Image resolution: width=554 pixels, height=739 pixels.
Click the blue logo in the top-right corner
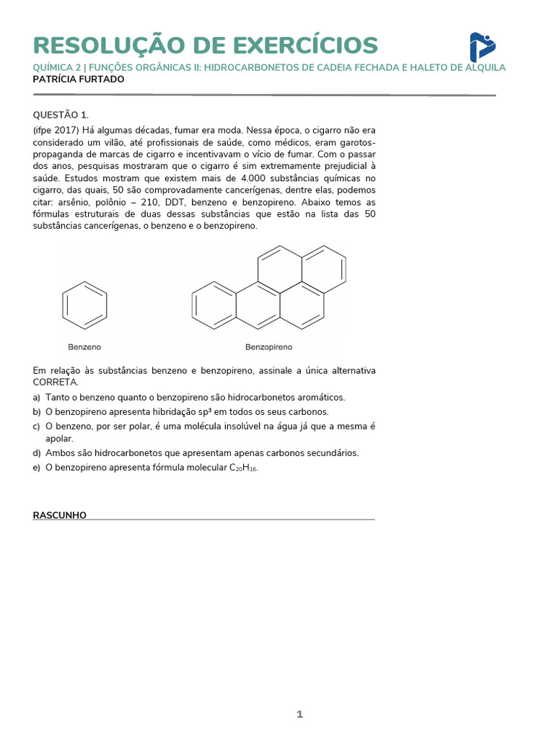(x=482, y=47)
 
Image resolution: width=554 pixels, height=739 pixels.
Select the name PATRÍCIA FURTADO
(x=79, y=79)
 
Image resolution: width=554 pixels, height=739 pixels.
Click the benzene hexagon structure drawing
(x=85, y=305)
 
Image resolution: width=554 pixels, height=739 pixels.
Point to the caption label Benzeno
(x=84, y=346)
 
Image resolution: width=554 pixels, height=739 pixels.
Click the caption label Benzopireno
(x=268, y=346)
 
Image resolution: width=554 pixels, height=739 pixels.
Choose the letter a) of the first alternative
(x=37, y=398)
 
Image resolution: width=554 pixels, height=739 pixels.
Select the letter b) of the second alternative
(x=37, y=412)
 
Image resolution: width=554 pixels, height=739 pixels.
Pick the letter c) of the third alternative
(x=37, y=427)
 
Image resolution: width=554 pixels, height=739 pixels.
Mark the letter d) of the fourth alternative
(x=37, y=453)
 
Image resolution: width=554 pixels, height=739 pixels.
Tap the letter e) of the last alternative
(x=37, y=468)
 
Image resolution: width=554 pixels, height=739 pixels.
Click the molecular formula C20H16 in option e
(x=243, y=468)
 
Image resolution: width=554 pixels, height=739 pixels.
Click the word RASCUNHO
(x=60, y=515)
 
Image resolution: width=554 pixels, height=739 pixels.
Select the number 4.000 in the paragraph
(x=258, y=178)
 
